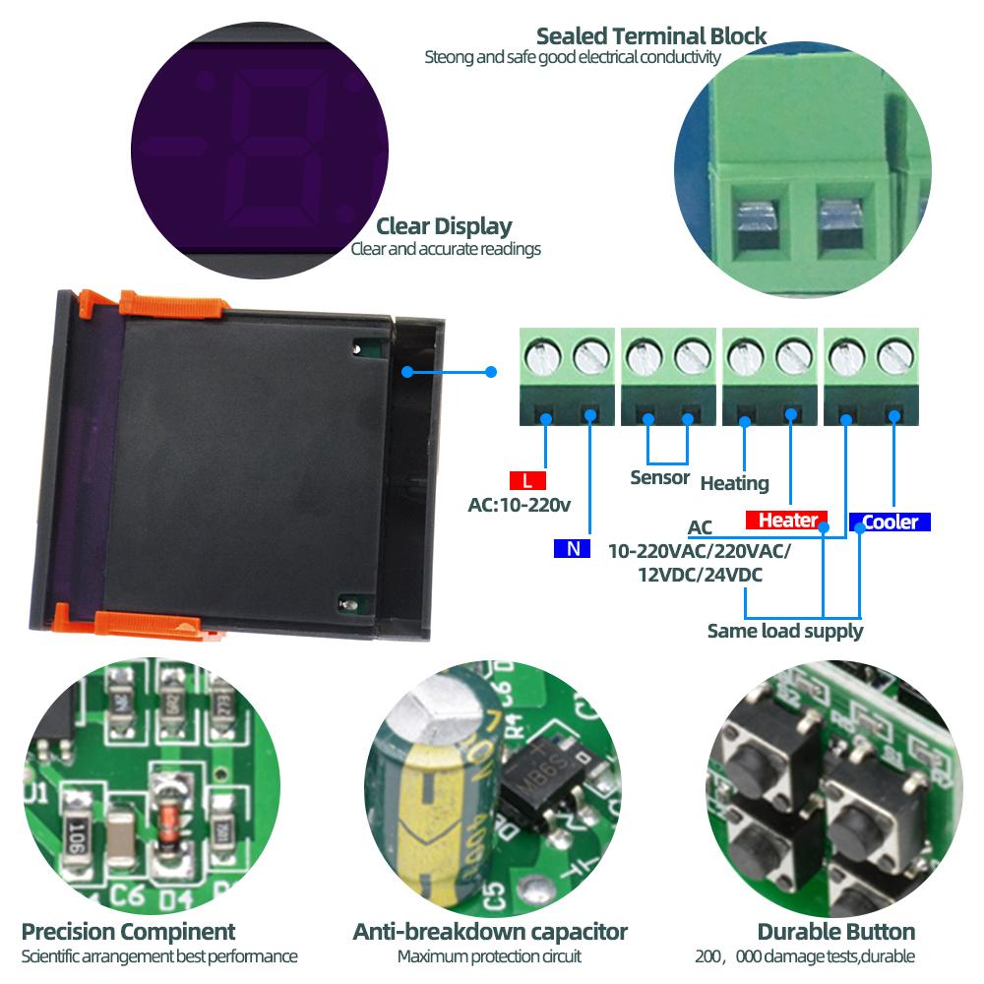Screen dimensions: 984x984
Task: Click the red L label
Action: point(527,481)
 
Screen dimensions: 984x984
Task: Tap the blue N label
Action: point(572,549)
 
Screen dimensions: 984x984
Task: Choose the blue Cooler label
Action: point(890,522)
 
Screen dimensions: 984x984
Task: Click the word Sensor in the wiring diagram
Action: point(659,478)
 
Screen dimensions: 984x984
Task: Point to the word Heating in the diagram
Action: point(734,483)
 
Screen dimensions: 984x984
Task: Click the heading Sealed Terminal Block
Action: point(651,36)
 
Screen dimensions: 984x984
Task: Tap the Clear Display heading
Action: point(444,226)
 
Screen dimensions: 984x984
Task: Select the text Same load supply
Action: point(784,631)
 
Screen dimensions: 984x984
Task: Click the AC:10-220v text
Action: point(520,506)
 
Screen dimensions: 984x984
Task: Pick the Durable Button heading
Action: point(835,932)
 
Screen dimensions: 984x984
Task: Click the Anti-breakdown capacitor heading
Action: point(490,932)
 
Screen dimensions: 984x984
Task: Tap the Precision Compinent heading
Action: point(128,932)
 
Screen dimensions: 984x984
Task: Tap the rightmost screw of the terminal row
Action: point(893,354)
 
